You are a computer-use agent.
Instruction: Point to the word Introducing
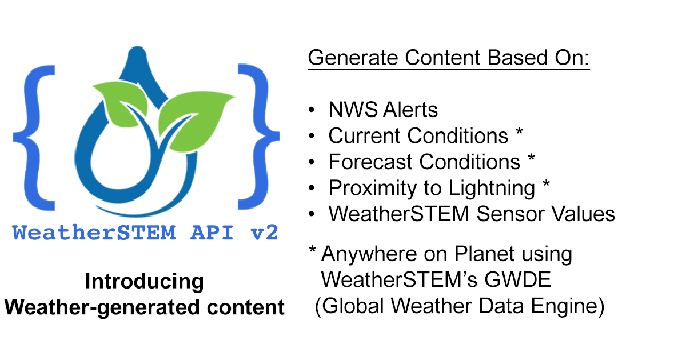[144, 281]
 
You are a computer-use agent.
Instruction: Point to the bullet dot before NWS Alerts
[311, 110]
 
